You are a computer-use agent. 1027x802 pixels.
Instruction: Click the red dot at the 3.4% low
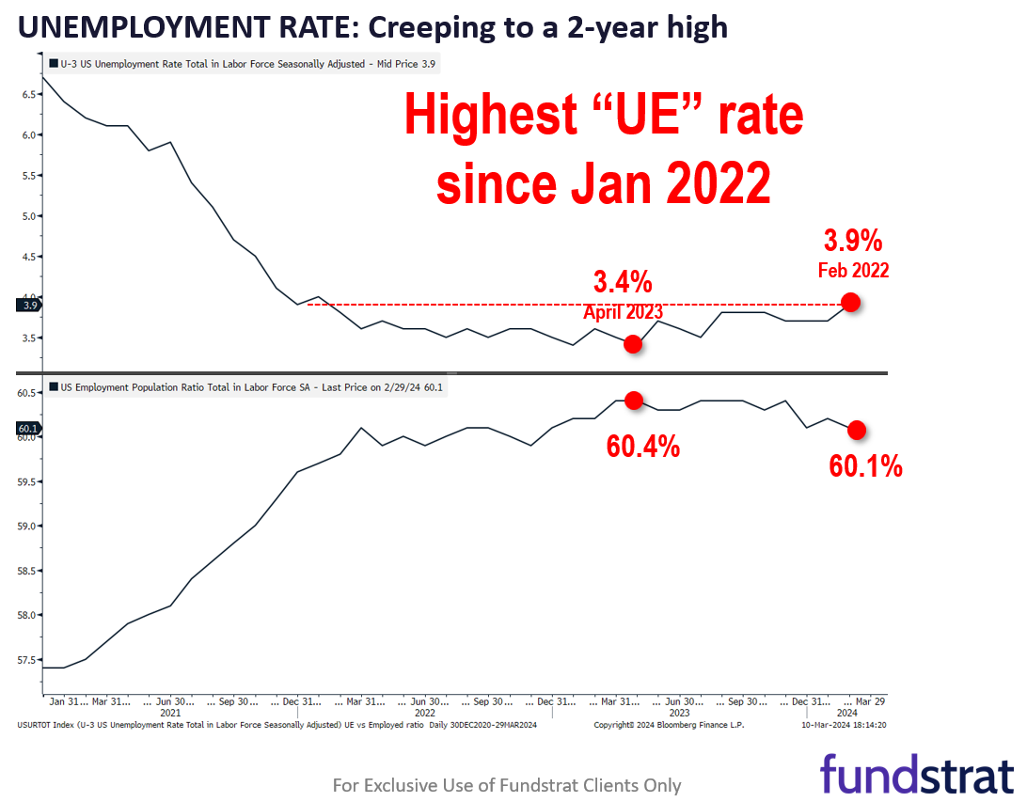pos(633,344)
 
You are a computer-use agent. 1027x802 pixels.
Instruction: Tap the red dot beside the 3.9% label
pos(850,302)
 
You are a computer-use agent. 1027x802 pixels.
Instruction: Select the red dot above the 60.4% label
pos(633,401)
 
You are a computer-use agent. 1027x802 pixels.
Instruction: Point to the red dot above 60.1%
pos(857,430)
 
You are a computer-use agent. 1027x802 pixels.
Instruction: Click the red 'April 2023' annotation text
pos(623,312)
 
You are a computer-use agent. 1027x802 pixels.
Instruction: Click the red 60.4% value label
pos(643,447)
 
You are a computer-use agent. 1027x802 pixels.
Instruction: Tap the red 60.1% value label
pos(866,465)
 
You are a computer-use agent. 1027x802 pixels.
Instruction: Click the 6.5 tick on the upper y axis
pos(27,95)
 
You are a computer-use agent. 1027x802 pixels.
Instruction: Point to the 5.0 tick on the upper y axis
pos(27,216)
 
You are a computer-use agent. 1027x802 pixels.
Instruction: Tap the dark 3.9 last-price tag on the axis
pos(29,305)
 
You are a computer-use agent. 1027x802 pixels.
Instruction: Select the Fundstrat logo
pos(916,773)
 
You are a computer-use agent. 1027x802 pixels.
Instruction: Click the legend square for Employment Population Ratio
pos(53,386)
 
